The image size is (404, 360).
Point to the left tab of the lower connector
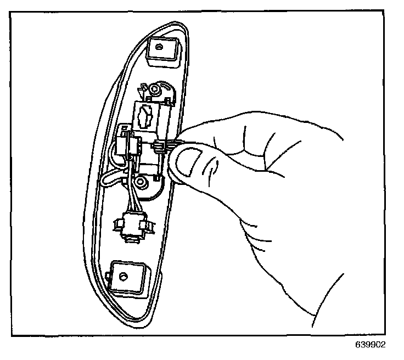117,223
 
